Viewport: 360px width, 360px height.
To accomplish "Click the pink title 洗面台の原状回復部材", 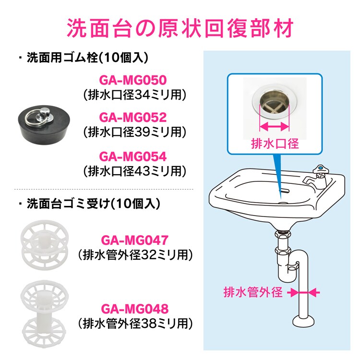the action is pos(180,28).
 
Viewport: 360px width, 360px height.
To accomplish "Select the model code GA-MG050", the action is pos(132,80).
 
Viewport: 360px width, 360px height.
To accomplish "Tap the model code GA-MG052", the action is pos(132,117).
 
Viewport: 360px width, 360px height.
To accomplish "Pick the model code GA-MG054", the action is pos(132,156).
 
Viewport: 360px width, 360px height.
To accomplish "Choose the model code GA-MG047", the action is pos(135,240).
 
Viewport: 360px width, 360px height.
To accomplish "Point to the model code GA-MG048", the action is pos(135,309).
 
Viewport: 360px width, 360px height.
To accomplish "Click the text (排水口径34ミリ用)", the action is pos(134,95).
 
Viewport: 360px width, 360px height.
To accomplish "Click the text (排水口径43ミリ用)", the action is pos(134,171).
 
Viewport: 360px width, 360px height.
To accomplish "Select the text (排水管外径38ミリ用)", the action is pos(135,324).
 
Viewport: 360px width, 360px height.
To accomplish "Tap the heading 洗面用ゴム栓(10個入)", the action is pos(84,58).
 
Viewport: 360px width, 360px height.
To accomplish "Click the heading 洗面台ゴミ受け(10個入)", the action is pos(90,204).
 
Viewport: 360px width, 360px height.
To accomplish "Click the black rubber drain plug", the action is pos(44,124).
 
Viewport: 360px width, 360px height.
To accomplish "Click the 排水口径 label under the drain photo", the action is pos(275,144).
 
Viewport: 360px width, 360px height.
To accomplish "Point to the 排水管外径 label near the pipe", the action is pos(253,292).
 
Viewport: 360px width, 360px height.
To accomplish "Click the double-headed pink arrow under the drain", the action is pos(274,126).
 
